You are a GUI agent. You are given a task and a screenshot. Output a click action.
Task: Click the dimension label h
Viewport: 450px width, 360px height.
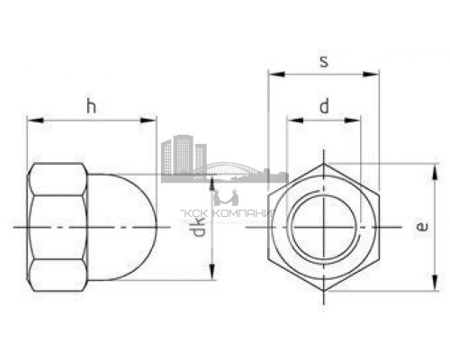[90, 105]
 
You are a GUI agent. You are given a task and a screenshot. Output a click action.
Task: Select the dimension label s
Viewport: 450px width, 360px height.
[323, 61]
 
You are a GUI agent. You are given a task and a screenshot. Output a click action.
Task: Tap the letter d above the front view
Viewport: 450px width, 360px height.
[323, 106]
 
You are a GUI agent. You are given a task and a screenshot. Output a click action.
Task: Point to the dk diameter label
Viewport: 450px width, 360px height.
[200, 238]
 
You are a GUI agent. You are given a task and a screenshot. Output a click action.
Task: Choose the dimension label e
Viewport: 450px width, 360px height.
[420, 228]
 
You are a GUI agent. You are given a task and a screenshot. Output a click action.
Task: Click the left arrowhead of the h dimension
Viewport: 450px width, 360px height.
[32, 119]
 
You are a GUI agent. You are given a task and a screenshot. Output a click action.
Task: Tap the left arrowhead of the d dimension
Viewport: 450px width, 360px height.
[291, 119]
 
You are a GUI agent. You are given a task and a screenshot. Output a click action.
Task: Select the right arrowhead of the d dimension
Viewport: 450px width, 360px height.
[356, 119]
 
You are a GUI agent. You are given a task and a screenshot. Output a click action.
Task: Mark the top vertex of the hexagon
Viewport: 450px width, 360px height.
[323, 165]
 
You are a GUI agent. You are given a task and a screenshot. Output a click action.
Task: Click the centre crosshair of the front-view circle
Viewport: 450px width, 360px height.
[323, 227]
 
